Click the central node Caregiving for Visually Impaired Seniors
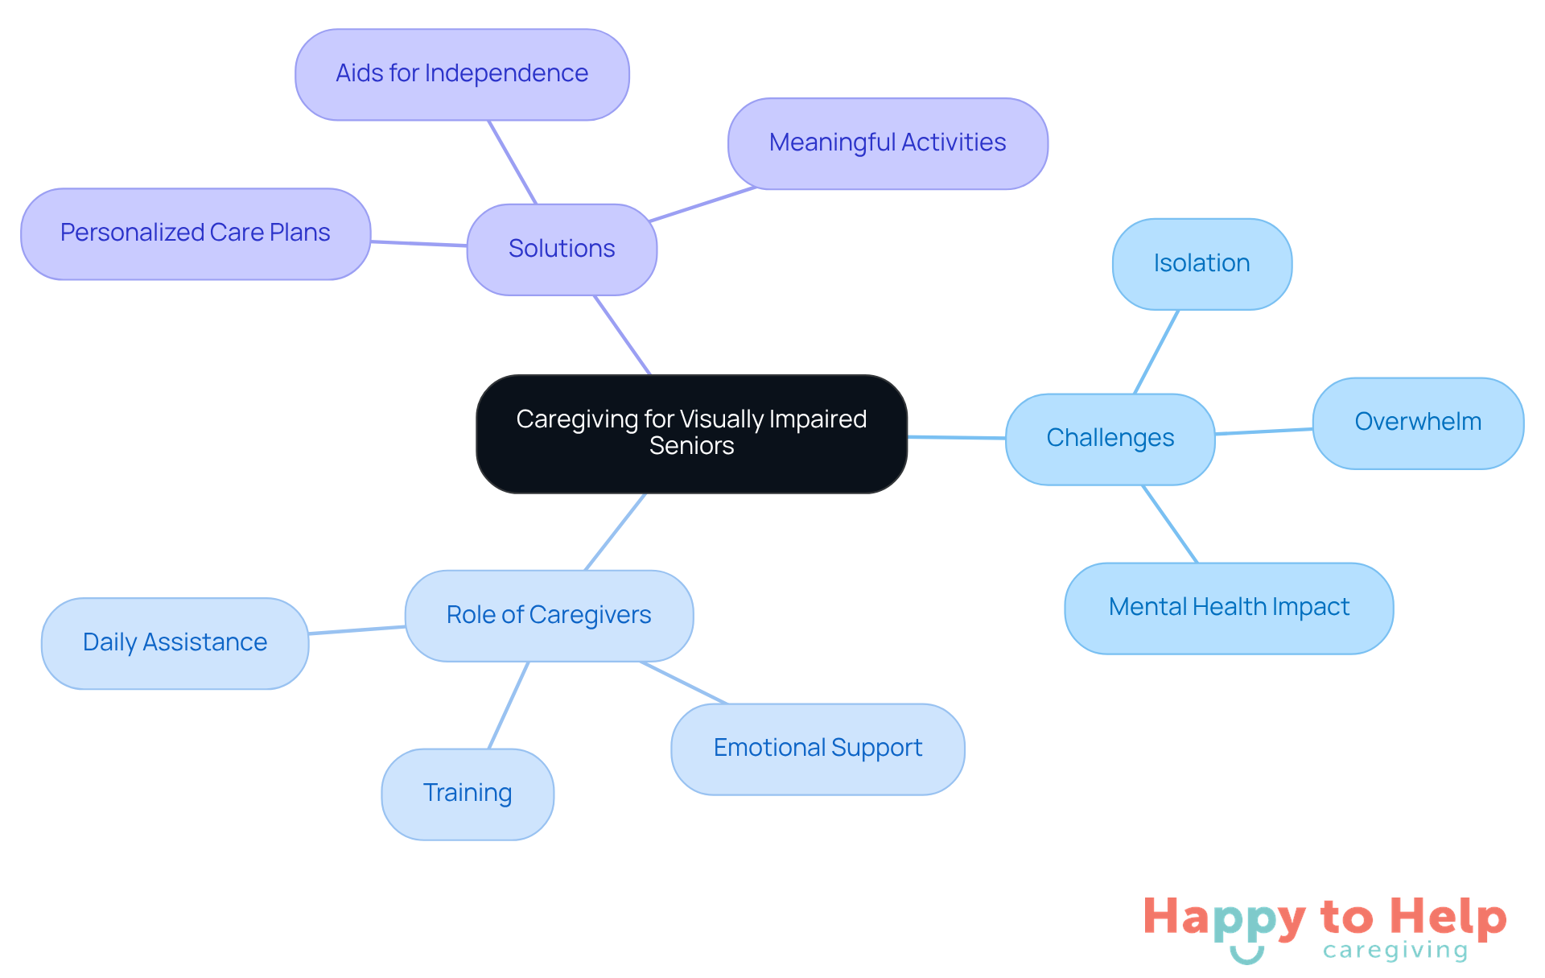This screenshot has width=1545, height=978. tap(691, 433)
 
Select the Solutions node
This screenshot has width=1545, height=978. tap(562, 249)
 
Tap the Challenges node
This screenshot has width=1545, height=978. tap(1110, 439)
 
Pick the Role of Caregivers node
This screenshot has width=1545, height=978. tap(549, 616)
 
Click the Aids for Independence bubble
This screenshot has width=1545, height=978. tap(462, 74)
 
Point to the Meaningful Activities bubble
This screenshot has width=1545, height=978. tap(888, 143)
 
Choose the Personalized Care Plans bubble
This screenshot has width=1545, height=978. tap(196, 233)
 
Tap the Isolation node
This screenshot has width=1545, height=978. tap(1201, 264)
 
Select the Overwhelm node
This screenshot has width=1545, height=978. tap(1418, 423)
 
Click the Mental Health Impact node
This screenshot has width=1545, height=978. tap(1229, 608)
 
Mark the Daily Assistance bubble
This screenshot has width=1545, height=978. tap(175, 643)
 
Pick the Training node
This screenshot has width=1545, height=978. tap(468, 794)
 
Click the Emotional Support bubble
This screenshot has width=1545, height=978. tap(818, 749)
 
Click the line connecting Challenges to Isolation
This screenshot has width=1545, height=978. tap(1156, 352)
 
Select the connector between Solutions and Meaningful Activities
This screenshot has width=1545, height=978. tap(702, 204)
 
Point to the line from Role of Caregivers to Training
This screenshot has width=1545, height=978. tap(509, 705)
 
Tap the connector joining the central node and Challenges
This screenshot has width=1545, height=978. tap(956, 438)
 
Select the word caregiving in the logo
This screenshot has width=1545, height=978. tap(1395, 951)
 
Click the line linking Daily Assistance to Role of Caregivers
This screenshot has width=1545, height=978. tap(356, 630)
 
